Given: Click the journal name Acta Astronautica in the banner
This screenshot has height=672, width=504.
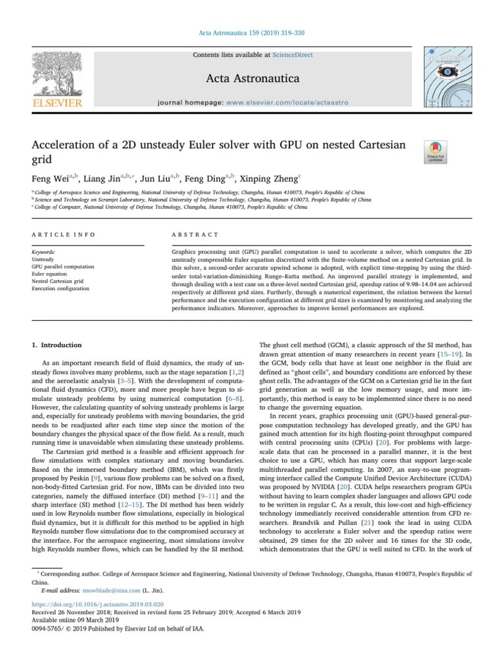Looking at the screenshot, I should pyautogui.click(x=252, y=79).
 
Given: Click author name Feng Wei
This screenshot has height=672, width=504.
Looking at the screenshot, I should pyautogui.click(x=51, y=178).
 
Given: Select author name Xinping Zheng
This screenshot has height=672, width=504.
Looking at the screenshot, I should pyautogui.click(x=268, y=178).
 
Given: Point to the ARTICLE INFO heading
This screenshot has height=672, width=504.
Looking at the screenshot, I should pyautogui.click(x=64, y=234).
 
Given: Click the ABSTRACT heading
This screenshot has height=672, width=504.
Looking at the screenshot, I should pyautogui.click(x=196, y=234).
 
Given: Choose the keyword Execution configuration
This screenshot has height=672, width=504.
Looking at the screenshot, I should pyautogui.click(x=60, y=287).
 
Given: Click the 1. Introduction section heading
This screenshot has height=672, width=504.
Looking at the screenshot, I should pyautogui.click(x=57, y=345).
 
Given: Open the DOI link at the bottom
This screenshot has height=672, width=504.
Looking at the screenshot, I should pyautogui.click(x=98, y=605).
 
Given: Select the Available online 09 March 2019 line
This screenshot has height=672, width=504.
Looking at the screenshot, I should pyautogui.click(x=75, y=620).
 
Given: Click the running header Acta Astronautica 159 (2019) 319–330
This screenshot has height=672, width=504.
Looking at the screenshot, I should pyautogui.click(x=251, y=33).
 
